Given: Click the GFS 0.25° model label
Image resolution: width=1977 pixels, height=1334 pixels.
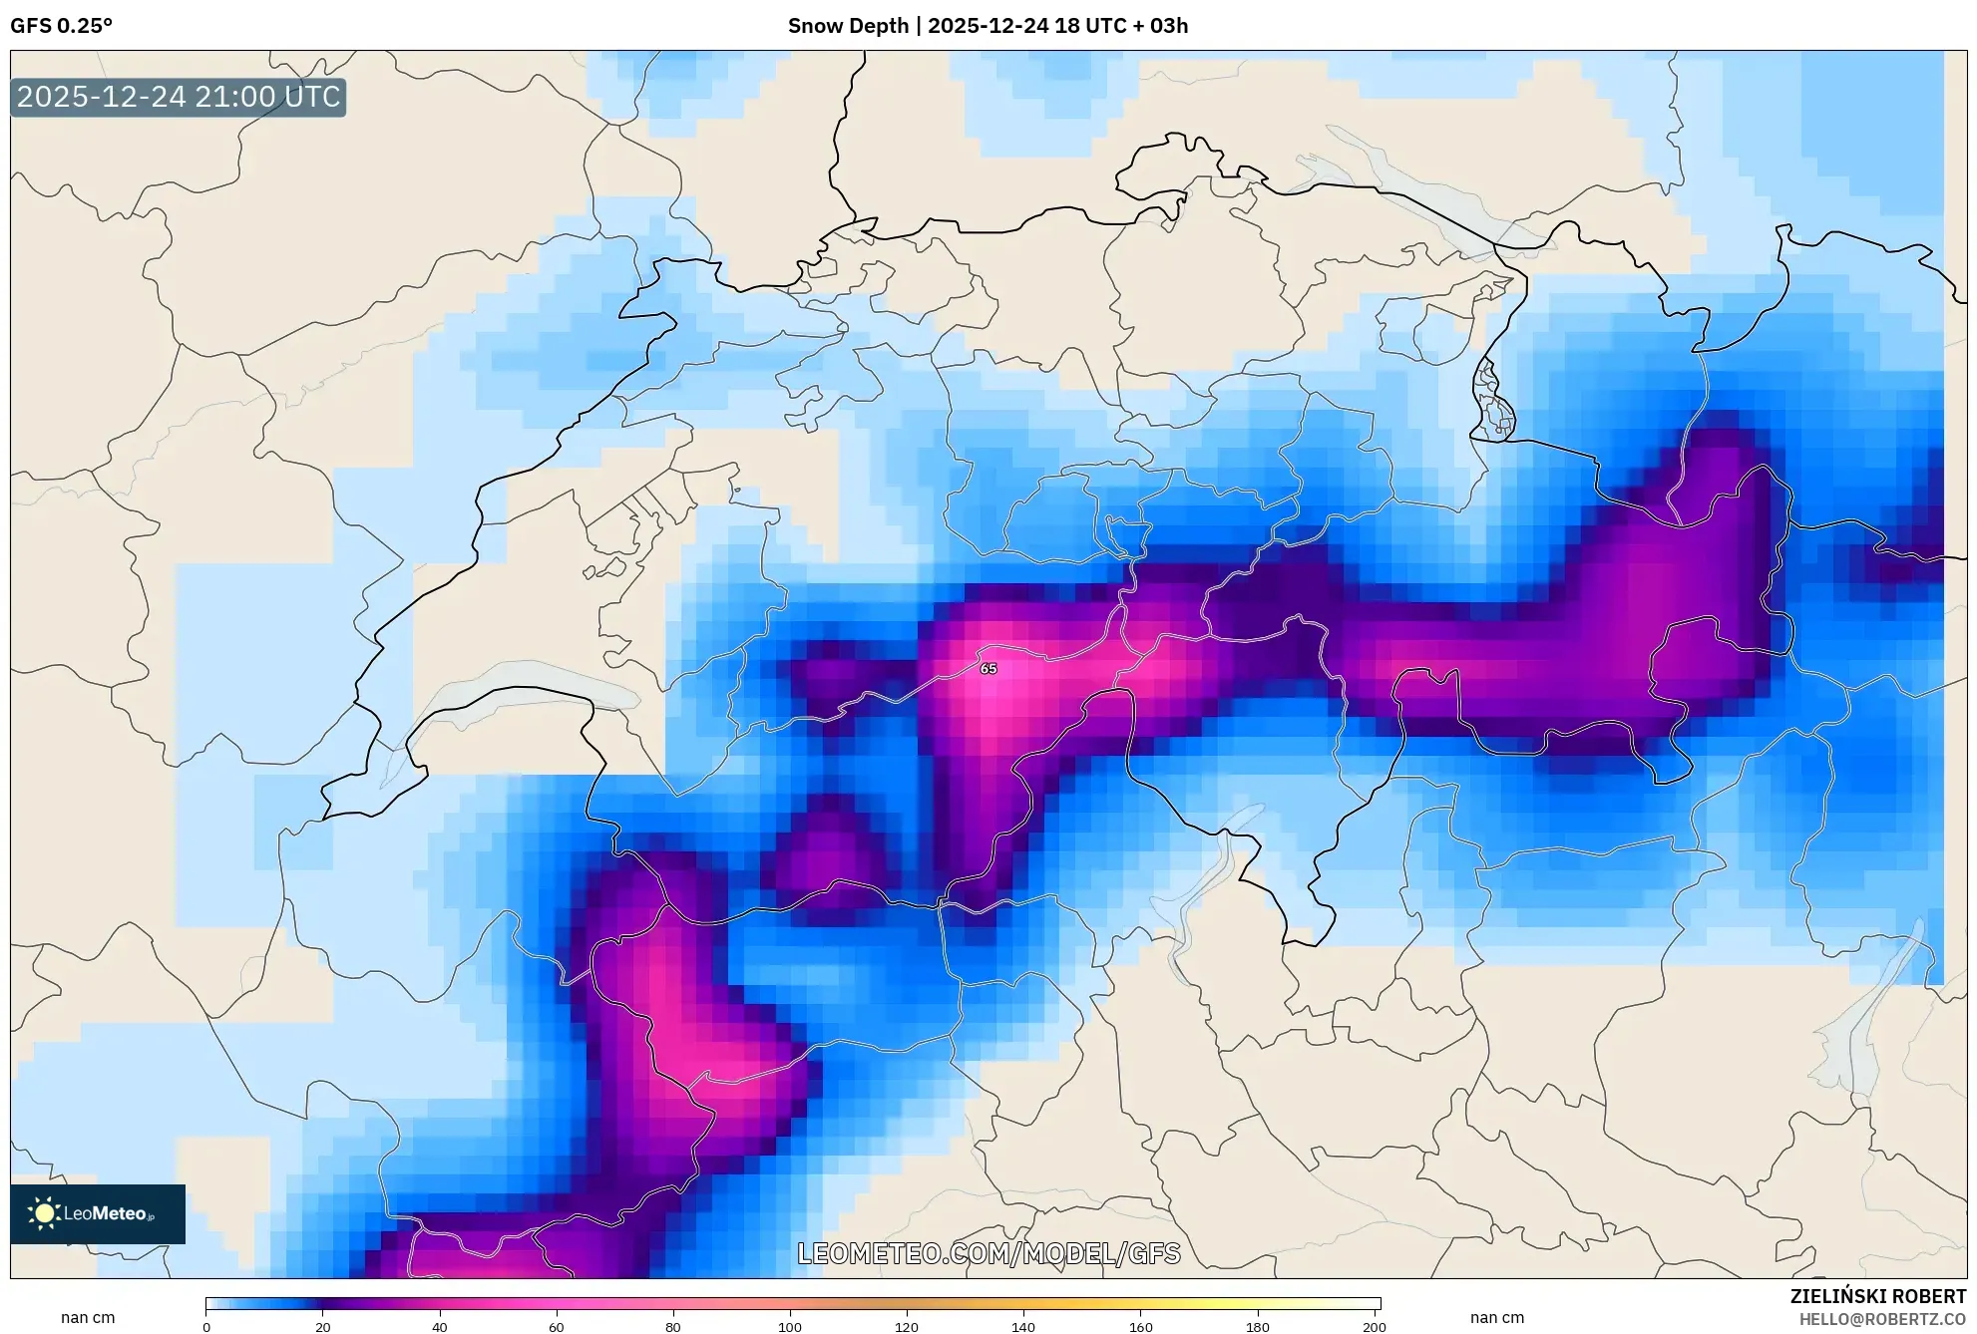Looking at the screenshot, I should pyautogui.click(x=61, y=26).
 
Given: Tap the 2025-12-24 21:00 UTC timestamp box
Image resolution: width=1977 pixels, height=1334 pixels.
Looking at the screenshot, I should pyautogui.click(x=179, y=97).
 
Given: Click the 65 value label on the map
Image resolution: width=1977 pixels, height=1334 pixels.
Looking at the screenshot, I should pyautogui.click(x=988, y=669).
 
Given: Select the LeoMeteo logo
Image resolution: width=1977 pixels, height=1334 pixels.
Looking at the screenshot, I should pyautogui.click(x=98, y=1213).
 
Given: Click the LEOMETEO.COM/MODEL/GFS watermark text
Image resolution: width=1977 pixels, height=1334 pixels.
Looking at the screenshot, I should pyautogui.click(x=988, y=1253).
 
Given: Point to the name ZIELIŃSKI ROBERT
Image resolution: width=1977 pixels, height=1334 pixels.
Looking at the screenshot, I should pyautogui.click(x=1877, y=1296).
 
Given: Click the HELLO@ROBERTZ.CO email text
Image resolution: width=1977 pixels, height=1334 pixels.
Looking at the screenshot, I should pyautogui.click(x=1882, y=1319).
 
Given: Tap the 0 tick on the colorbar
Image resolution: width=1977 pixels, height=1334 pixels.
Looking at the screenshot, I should pyautogui.click(x=206, y=1327).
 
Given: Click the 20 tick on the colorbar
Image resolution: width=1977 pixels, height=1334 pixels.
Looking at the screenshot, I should pyautogui.click(x=323, y=1327).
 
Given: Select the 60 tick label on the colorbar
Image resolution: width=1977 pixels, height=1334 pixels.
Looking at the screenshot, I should pyautogui.click(x=557, y=1327).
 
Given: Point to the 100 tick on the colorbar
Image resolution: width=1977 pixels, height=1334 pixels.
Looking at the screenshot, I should pyautogui.click(x=790, y=1327).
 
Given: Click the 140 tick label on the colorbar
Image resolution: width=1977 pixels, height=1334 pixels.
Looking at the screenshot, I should pyautogui.click(x=1023, y=1327).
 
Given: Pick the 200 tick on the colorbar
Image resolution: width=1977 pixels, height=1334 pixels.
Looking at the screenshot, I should pyautogui.click(x=1375, y=1327).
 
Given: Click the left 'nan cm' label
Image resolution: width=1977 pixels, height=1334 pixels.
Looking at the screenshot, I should pyautogui.click(x=88, y=1318).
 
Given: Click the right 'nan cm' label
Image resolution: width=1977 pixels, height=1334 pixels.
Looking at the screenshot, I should pyautogui.click(x=1496, y=1318).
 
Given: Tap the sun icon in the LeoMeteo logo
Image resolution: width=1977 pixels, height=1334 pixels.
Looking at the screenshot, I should pyautogui.click(x=44, y=1213).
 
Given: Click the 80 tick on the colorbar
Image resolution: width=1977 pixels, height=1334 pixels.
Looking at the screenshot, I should pyautogui.click(x=673, y=1327).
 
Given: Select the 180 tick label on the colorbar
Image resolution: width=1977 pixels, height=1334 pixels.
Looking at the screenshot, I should pyautogui.click(x=1258, y=1327).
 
